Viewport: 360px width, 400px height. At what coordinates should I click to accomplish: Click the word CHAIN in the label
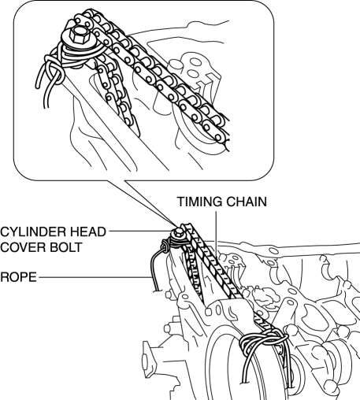pyautogui.click(x=247, y=202)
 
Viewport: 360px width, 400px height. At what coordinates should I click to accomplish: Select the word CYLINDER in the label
pyautogui.click(x=31, y=231)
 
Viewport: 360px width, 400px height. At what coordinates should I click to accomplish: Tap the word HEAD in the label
pyautogui.click(x=86, y=231)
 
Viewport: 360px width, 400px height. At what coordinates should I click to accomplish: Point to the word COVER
pyautogui.click(x=22, y=247)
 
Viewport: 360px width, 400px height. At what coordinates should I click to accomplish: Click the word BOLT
pyautogui.click(x=65, y=247)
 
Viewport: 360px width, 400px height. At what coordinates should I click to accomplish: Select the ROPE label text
pyautogui.click(x=18, y=277)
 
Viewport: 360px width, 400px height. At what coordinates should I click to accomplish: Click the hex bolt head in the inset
pyautogui.click(x=79, y=35)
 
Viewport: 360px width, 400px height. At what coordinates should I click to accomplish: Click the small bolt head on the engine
pyautogui.click(x=179, y=232)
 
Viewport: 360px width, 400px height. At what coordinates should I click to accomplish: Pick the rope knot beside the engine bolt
pyautogui.click(x=165, y=246)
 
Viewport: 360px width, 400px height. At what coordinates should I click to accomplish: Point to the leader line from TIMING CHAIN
pyautogui.click(x=216, y=231)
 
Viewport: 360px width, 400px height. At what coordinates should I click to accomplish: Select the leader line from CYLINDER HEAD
pyautogui.click(x=141, y=231)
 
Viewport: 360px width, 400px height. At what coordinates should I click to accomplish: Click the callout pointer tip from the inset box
pyautogui.click(x=176, y=227)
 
